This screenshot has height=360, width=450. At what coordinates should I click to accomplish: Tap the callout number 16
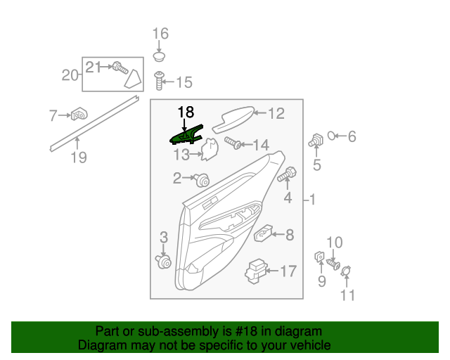[x=161, y=34]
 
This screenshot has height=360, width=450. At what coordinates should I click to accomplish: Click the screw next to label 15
[x=160, y=82]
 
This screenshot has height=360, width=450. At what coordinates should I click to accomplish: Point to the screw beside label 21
[x=119, y=68]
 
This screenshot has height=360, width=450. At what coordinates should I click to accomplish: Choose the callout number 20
[x=70, y=75]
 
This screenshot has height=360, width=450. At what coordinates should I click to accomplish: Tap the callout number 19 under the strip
[x=79, y=157]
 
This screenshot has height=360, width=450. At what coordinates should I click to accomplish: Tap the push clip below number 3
[x=164, y=262]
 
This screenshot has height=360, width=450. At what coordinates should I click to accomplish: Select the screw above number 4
[x=288, y=172]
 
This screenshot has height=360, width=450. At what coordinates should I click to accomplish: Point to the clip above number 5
[x=316, y=141]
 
